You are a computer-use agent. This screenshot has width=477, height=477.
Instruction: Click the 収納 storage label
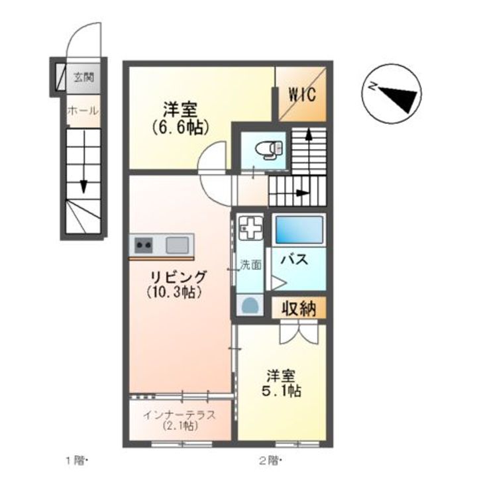[299, 308]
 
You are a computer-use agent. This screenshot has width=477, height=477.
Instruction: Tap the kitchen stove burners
[144, 245]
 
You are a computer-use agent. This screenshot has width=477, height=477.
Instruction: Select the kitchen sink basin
[178, 245]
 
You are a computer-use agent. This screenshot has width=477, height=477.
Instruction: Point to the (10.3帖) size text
[174, 292]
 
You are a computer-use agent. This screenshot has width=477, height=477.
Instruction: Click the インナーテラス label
[179, 415]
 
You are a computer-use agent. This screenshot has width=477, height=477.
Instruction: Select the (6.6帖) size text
[181, 125]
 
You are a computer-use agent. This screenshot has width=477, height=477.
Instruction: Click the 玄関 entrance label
[83, 77]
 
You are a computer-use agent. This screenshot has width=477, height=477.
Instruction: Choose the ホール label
[83, 111]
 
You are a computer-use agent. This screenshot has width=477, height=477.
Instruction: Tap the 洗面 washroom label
[250, 264]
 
